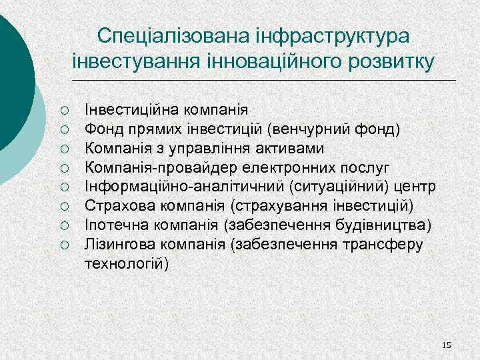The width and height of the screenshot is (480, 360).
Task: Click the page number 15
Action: [x=446, y=345]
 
